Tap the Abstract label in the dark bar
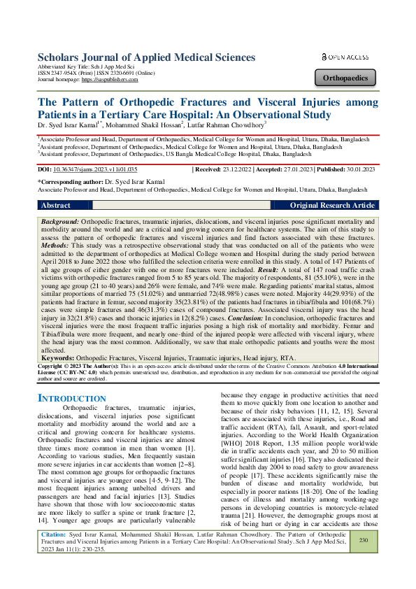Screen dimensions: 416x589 [56, 206]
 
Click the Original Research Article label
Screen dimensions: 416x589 [332, 206]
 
